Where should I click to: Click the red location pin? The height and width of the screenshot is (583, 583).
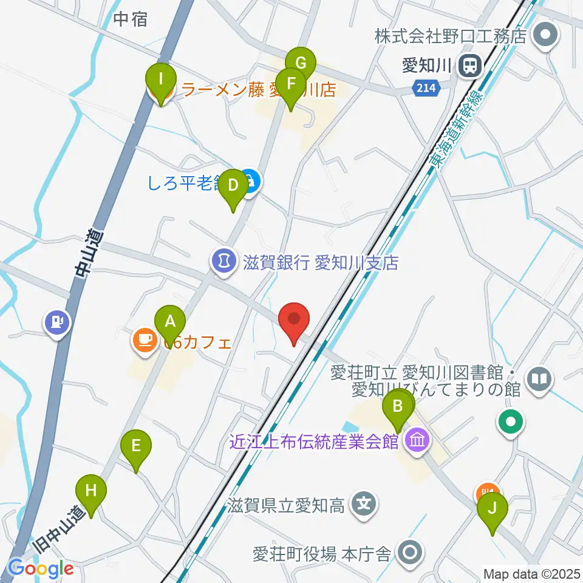point(295,320)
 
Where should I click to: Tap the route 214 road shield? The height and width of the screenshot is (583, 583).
point(426,89)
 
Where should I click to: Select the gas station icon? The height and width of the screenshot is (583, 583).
point(56,321)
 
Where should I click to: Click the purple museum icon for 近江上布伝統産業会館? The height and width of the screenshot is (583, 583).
point(417,440)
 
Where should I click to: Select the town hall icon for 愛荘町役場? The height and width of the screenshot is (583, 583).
point(411,552)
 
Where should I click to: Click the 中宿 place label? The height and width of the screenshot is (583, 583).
point(131,19)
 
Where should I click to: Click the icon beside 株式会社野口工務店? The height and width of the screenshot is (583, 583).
point(545,35)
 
